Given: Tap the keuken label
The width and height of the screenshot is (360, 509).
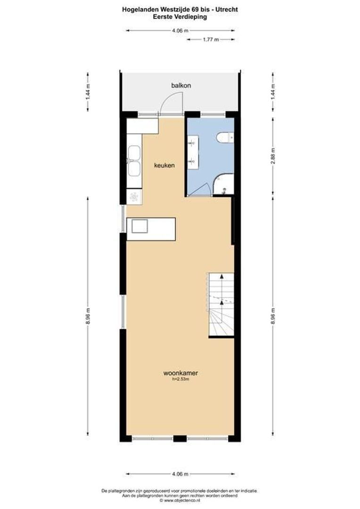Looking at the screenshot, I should coord(164,166).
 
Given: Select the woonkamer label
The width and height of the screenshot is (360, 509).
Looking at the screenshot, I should coord(180,373).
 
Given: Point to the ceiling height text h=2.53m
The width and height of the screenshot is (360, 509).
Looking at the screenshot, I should coord(180,379).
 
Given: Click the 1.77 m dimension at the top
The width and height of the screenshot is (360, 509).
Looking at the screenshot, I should coord(210,40).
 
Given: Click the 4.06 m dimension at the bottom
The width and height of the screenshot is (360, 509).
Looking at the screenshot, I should coord(180,474).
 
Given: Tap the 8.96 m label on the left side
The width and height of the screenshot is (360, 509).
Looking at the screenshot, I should coord(88,316).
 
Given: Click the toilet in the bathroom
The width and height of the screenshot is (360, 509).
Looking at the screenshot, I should coord(224,137).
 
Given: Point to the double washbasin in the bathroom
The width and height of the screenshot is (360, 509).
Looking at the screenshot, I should coord(193,152).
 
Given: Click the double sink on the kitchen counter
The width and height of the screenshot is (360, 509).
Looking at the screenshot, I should coord(134,161).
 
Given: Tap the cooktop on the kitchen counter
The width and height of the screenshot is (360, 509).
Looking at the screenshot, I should coord(134,197).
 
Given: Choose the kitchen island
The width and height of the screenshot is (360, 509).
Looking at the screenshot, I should coord(151,229).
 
